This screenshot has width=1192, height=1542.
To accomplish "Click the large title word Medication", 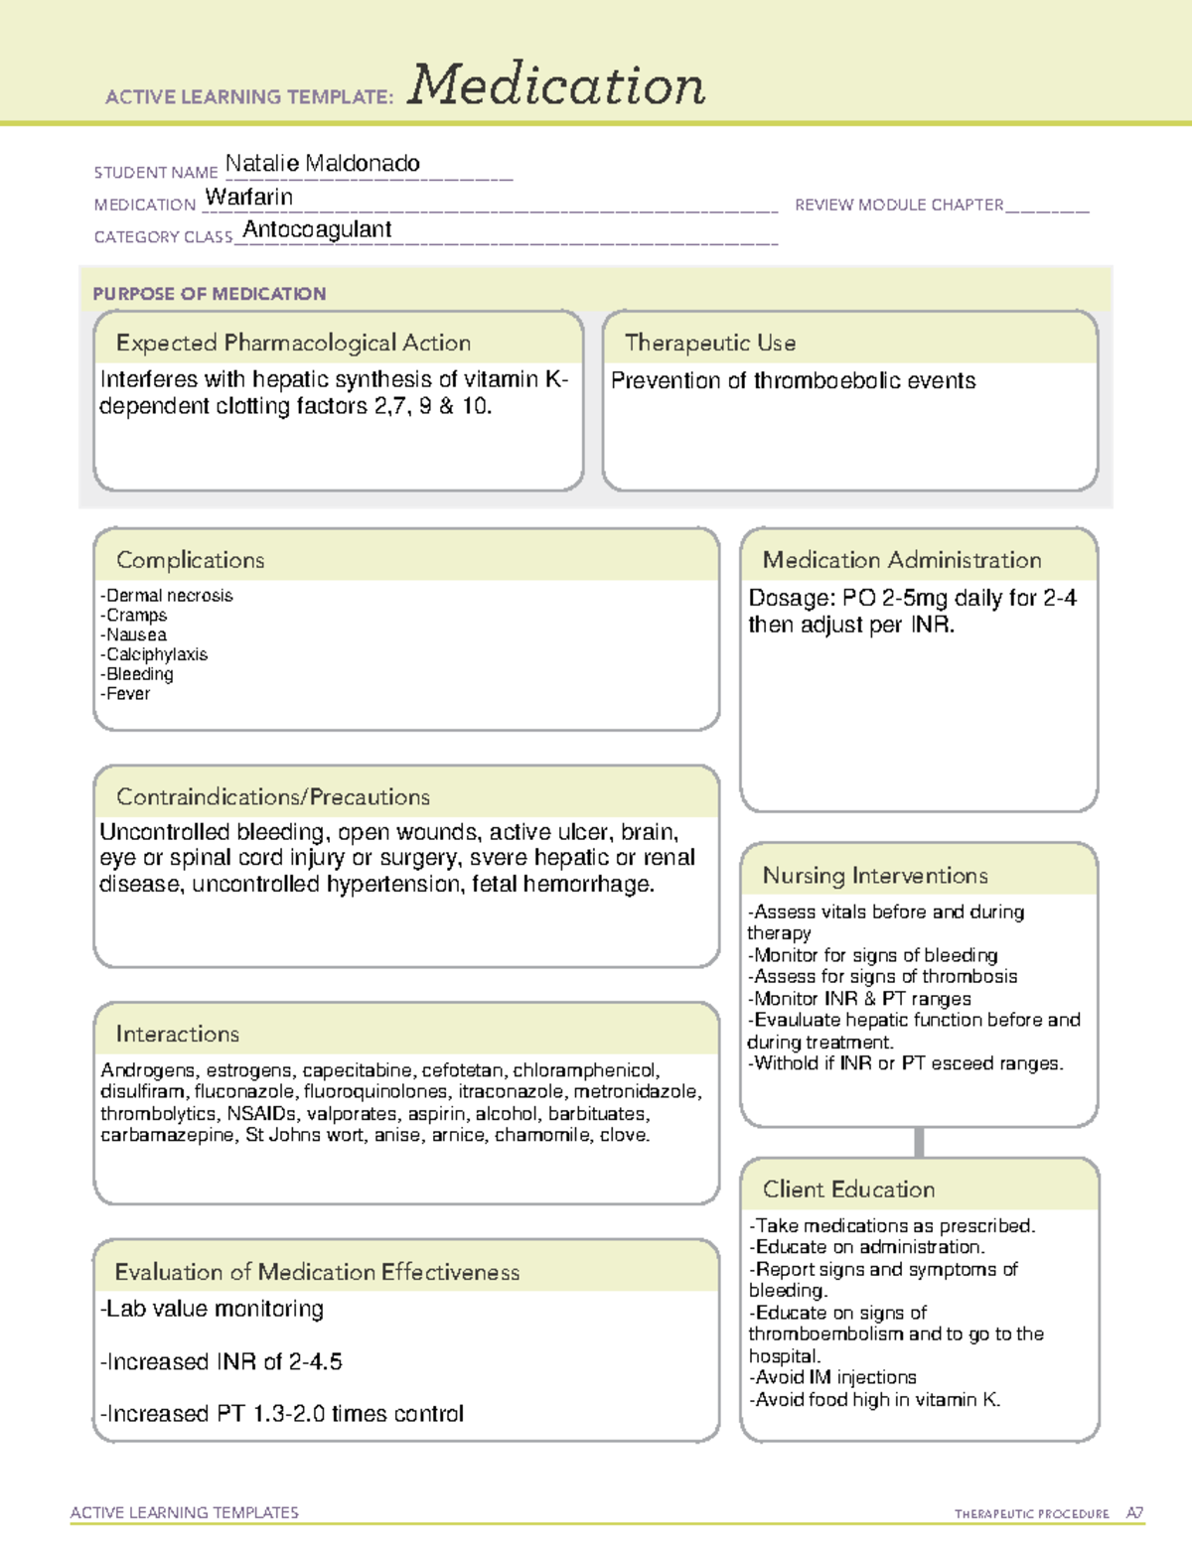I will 556,85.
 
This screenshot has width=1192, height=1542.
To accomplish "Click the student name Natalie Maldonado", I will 322,163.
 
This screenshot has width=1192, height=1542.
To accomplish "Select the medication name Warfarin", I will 248,197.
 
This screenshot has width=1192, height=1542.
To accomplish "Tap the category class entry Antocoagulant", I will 317,229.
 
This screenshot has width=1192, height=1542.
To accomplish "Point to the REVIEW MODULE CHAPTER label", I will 898,205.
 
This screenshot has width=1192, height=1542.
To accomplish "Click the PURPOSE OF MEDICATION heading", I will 209,294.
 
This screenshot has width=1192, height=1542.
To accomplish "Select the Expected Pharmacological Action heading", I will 293,343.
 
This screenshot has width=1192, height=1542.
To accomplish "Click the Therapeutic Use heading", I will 709,343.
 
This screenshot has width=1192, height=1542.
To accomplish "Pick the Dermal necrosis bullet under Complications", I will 167,596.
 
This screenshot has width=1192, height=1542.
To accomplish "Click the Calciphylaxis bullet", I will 154,654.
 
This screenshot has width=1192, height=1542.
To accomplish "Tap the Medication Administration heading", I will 901,560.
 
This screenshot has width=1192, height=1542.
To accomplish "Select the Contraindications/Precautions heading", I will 272,796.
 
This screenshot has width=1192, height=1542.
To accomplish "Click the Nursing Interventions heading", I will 874,875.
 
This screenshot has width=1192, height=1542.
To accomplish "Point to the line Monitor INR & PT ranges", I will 859,999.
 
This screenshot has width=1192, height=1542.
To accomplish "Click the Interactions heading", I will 177,1034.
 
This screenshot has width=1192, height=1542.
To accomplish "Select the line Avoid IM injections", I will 833,1377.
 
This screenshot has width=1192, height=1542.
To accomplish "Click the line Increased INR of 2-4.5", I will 222,1361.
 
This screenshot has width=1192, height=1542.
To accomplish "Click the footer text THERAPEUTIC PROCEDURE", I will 1031,1514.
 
